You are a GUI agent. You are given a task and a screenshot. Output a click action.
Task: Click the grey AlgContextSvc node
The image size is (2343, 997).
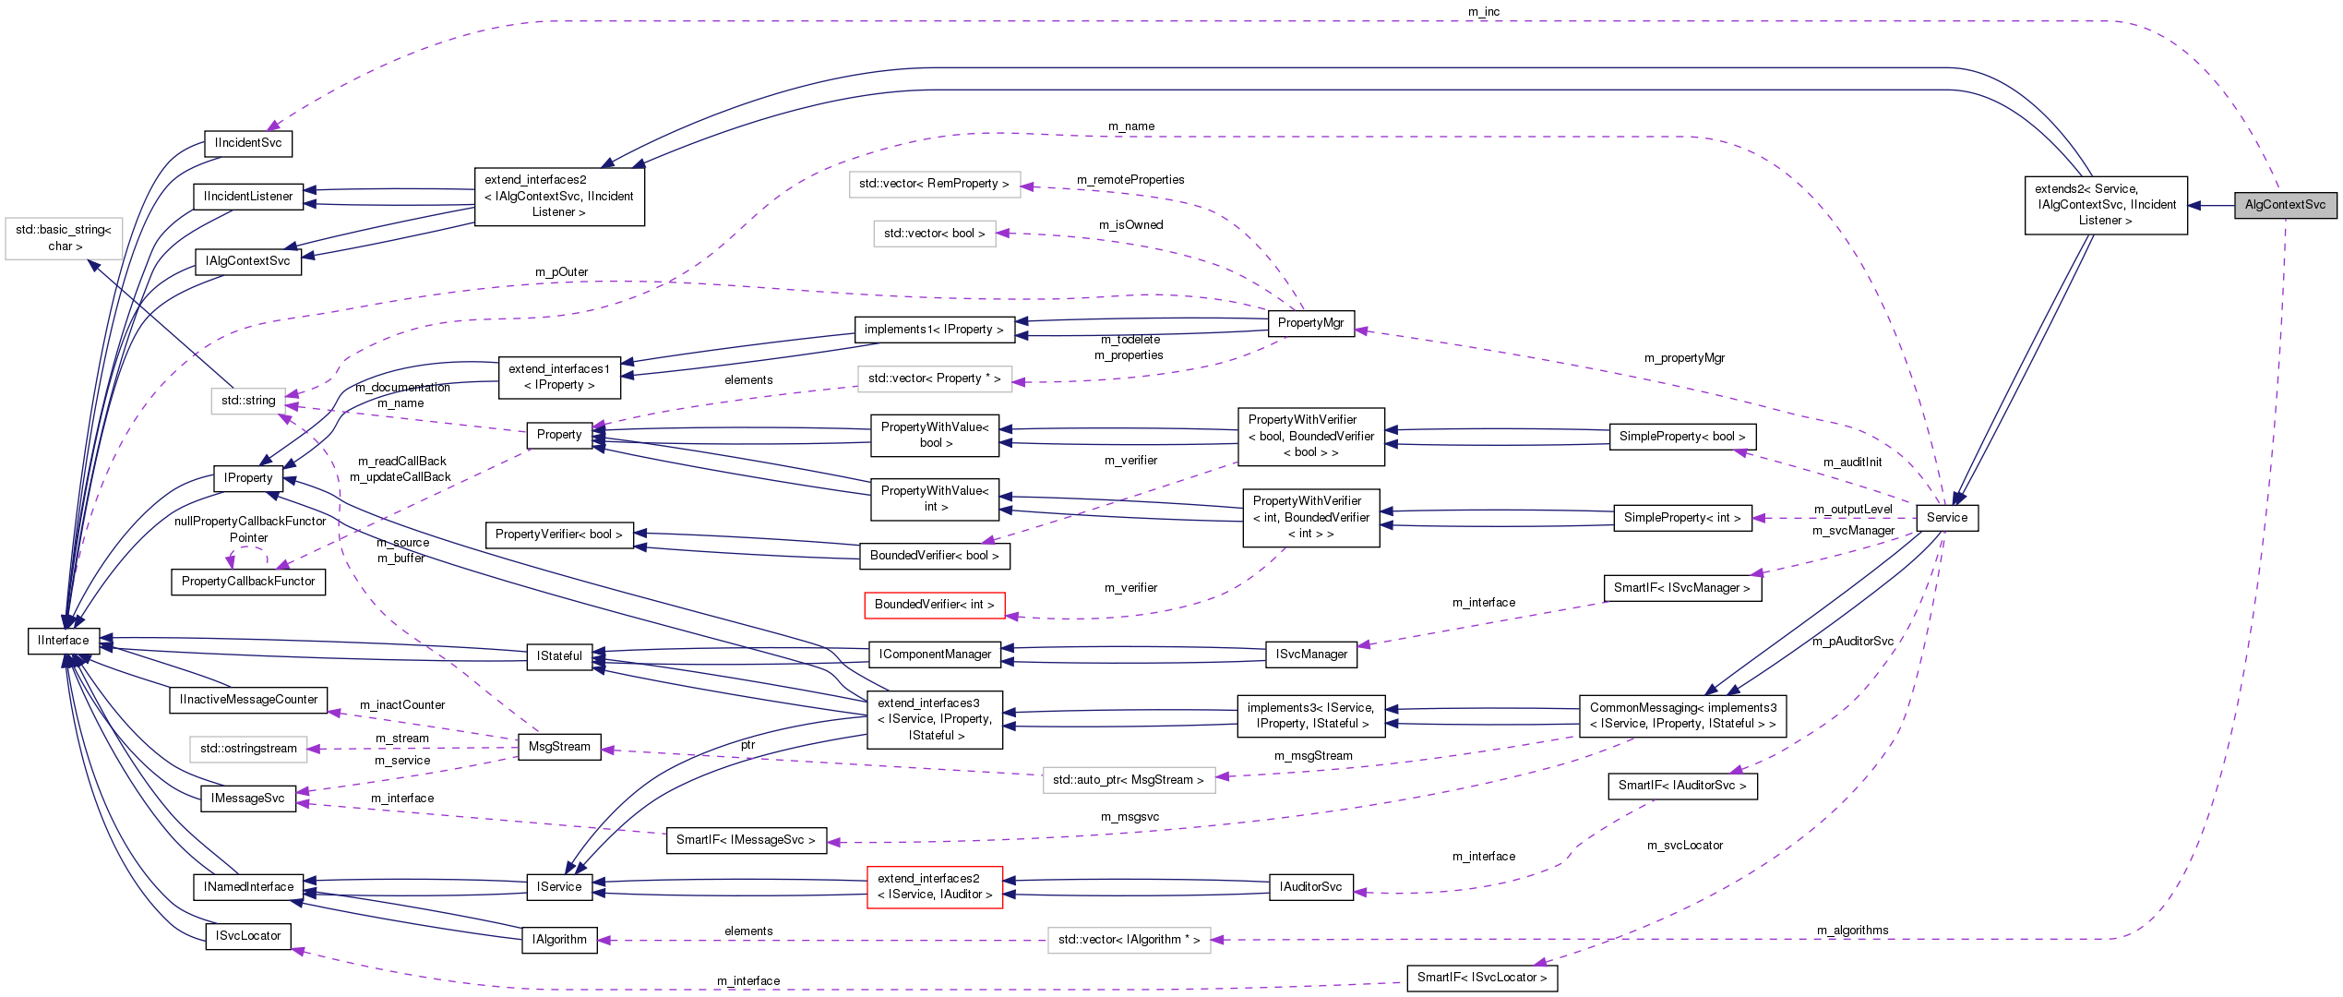tap(2285, 205)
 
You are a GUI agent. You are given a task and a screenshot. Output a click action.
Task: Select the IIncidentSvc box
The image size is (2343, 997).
tap(247, 143)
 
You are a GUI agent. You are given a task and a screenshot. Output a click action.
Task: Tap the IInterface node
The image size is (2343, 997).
tap(64, 641)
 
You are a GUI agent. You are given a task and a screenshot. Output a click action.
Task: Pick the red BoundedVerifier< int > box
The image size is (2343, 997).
tap(934, 605)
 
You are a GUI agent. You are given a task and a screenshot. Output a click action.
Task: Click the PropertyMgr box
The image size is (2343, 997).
tap(1310, 323)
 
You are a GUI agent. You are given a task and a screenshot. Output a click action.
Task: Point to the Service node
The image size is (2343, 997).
tap(1946, 518)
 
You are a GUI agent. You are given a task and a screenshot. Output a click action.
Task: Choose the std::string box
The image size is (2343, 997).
tap(248, 401)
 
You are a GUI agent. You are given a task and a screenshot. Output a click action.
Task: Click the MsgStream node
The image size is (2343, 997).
tap(559, 747)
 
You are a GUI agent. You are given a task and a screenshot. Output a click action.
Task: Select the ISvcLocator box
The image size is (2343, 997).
tap(247, 936)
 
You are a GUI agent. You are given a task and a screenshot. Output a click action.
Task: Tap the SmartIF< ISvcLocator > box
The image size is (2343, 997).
tap(1481, 978)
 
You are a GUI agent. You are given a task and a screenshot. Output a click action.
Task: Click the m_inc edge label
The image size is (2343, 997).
tap(1484, 12)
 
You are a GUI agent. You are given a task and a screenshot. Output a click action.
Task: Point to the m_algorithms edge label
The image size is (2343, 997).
tap(1852, 931)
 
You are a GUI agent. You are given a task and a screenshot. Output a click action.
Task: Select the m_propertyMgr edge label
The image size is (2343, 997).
tap(1684, 358)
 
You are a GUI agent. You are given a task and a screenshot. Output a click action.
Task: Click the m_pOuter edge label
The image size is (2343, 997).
tap(561, 272)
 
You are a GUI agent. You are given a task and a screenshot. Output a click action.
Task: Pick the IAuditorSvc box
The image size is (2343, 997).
tap(1310, 887)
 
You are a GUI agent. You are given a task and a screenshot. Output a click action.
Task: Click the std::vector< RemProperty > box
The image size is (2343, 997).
tap(934, 184)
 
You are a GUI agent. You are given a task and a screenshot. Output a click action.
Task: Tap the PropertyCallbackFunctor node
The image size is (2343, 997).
tap(247, 582)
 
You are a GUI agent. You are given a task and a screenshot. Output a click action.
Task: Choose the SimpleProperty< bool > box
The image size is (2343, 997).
tap(1681, 437)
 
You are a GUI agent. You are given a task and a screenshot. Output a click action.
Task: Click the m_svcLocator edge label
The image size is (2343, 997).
tap(1684, 846)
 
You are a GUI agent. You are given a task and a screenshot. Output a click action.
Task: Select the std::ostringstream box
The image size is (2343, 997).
tap(248, 749)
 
